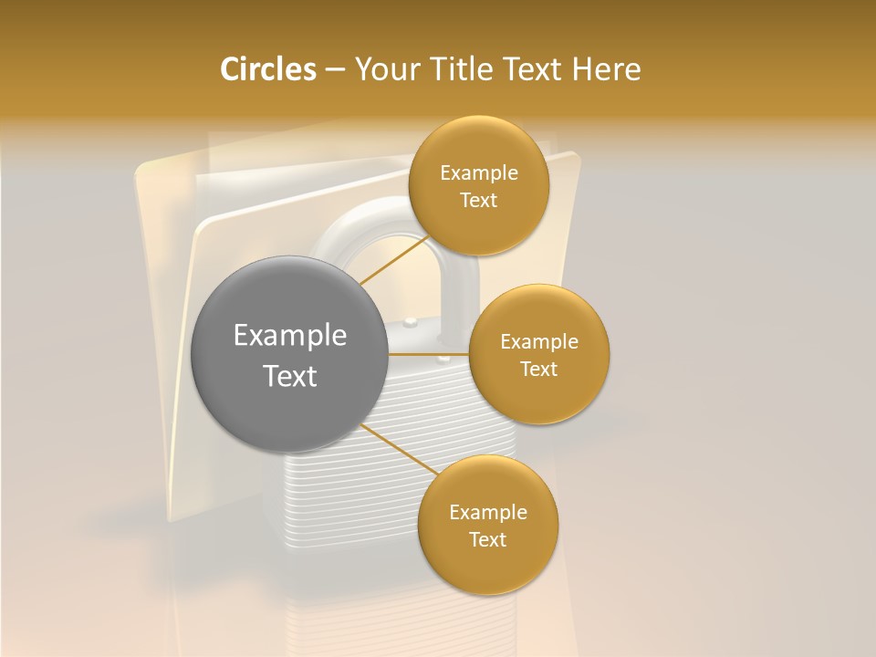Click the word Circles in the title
tap(267, 69)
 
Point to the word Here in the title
tap(606, 69)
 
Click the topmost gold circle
tap(478, 185)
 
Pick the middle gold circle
tap(538, 354)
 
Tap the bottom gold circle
tap(487, 525)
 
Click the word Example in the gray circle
tap(290, 336)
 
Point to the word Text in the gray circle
tap(290, 376)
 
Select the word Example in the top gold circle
tap(478, 173)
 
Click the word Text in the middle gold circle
tap(538, 369)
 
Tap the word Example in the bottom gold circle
tap(487, 512)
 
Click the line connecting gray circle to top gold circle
tap(394, 261)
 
